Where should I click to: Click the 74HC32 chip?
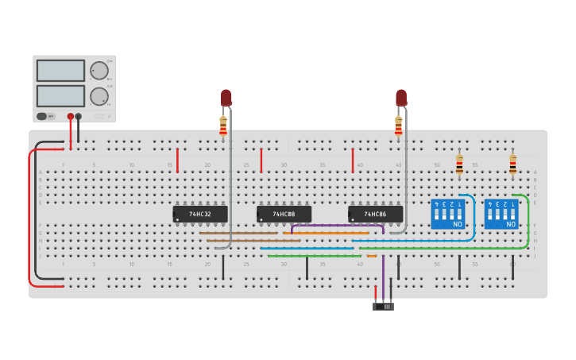200,215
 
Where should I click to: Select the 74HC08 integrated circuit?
284,215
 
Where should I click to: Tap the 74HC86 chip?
375,215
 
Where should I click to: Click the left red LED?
226,98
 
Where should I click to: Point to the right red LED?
400,98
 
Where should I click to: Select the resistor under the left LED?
223,126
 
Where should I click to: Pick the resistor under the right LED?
399,126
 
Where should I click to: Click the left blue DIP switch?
448,215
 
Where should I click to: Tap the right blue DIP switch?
501,215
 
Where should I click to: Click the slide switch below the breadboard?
383,306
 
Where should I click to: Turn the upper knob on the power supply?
99,71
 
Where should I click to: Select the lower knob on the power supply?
99,97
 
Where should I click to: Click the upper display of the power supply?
60,71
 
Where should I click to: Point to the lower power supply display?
60,96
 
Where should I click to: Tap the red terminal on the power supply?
71,117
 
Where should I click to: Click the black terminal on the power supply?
78,117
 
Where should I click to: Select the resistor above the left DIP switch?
459,165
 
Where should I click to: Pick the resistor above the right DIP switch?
512,165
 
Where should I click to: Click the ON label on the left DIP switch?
457,225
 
